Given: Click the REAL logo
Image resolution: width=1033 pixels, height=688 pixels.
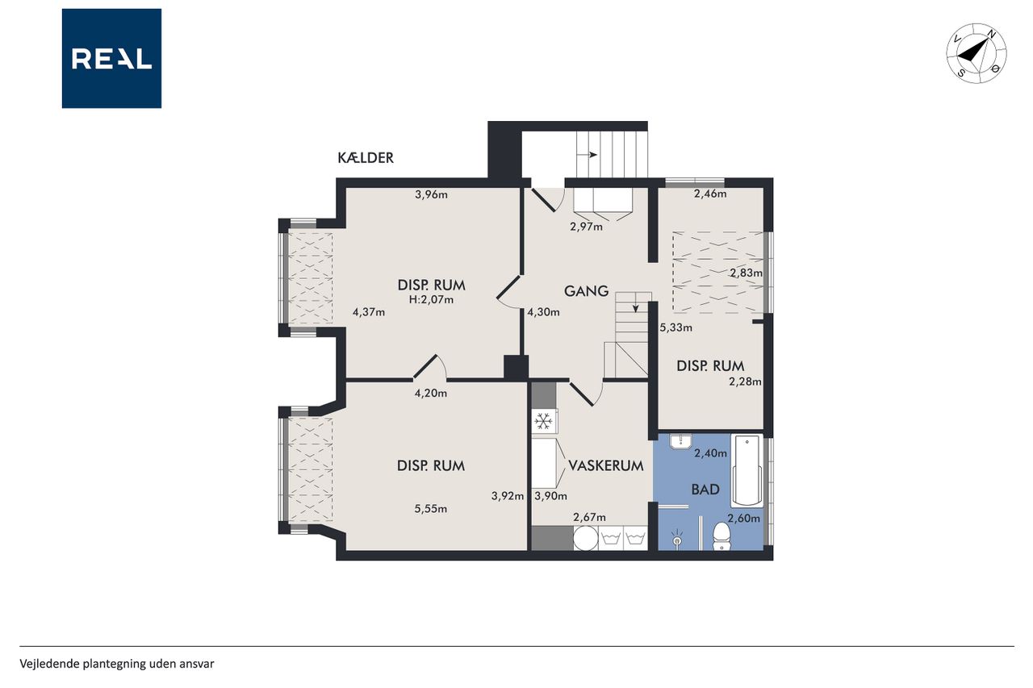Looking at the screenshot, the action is tap(111, 59).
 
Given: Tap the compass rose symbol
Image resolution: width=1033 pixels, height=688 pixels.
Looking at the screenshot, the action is tap(977, 53).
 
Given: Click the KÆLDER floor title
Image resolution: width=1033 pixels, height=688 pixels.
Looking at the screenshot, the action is tap(366, 158).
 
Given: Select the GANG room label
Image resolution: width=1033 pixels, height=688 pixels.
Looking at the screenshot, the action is tap(586, 291).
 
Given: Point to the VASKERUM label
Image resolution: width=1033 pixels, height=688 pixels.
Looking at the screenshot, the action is tap(606, 465).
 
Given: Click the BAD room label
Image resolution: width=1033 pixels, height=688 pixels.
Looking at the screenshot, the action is tap(705, 490).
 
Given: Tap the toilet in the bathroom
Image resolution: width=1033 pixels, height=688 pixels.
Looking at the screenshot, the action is tap(721, 536).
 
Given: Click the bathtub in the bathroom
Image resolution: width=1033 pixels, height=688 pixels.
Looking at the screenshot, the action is tap(747, 470).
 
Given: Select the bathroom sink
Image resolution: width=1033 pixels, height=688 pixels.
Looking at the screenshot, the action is tap(680, 441).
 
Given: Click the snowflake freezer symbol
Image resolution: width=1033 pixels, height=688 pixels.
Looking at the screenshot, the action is tap(544, 421).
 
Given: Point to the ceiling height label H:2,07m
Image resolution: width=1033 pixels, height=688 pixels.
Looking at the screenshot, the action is tap(431, 300).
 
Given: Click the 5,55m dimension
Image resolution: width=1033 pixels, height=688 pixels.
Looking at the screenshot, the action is tap(431, 509).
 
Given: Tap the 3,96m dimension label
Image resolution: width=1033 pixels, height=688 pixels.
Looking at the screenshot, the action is tap(431, 194).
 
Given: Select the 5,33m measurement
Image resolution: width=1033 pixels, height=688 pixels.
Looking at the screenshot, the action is tap(676, 327).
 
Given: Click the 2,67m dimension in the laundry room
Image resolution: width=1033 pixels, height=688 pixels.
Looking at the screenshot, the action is tap(589, 518).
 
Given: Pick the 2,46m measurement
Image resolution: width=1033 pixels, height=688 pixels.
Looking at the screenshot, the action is tap(710, 194).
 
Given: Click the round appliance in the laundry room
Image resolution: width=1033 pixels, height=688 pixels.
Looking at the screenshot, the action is tap(586, 538).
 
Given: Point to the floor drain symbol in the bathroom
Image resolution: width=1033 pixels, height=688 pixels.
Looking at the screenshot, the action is tap(676, 540).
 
